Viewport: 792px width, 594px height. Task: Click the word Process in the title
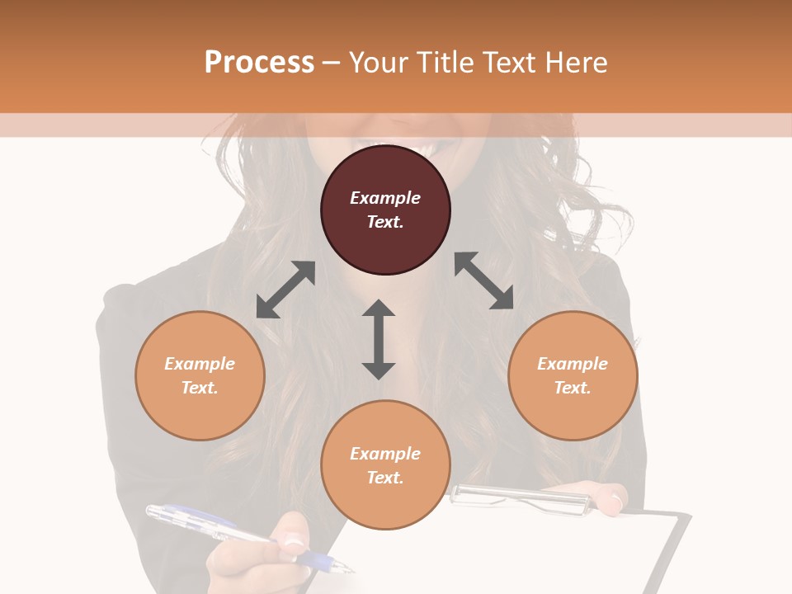[259, 63]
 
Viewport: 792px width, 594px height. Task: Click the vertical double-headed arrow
[379, 339]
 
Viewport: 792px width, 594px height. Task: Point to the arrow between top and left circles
[285, 290]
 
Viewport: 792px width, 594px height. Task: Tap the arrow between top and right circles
[483, 280]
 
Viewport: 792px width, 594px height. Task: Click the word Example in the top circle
[385, 198]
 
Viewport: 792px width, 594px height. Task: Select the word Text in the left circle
[199, 388]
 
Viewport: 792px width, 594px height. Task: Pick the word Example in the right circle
[573, 364]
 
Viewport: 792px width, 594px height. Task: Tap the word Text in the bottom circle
[384, 478]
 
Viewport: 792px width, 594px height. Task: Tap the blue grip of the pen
[313, 560]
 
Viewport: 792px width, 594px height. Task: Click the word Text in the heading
[507, 63]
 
